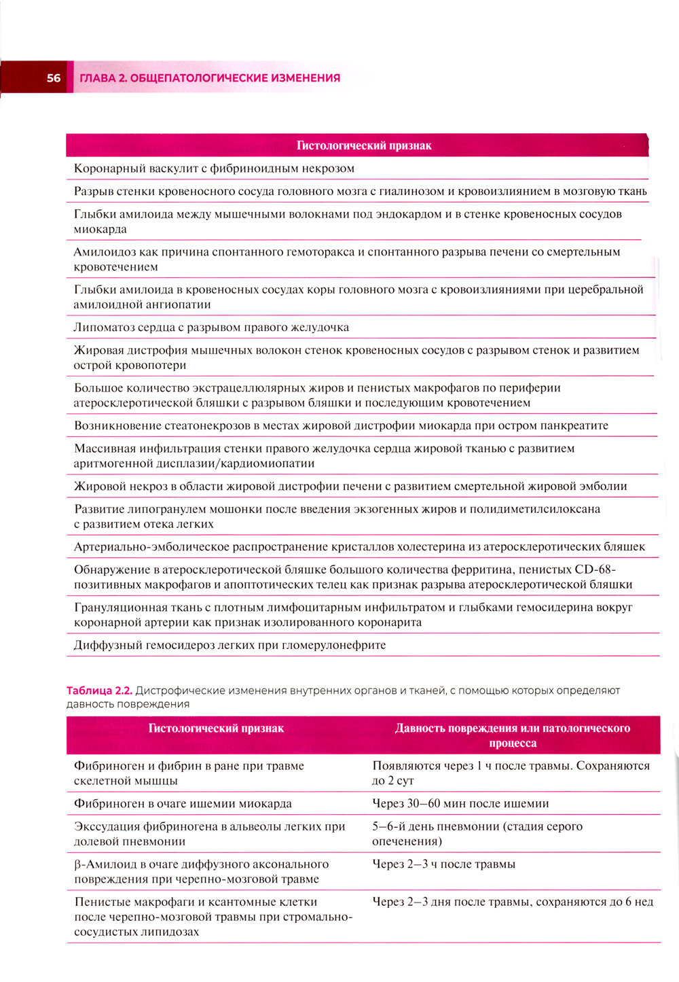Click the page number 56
tap(54, 78)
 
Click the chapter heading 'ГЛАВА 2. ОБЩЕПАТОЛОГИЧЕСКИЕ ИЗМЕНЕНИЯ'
tap(210, 78)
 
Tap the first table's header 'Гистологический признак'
tap(364, 145)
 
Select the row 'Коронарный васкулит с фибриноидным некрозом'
tap(214, 169)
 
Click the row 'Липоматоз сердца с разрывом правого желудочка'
tap(211, 328)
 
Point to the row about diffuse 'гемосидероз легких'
tap(230, 645)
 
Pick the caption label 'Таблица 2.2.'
tap(99, 690)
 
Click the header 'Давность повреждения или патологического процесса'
tap(513, 735)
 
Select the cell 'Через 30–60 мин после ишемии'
tap(460, 803)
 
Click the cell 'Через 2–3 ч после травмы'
tap(443, 864)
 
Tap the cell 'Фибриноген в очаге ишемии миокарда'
tap(183, 803)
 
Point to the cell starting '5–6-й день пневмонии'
tap(477, 834)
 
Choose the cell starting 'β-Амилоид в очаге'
tap(201, 872)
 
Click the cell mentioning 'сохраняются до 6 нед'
tap(513, 902)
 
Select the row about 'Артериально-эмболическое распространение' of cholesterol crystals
tap(359, 547)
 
